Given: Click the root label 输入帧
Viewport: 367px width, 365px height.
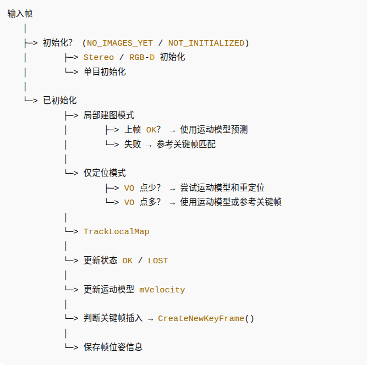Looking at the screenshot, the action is [20, 14].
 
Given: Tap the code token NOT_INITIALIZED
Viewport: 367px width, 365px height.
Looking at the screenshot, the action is [206, 43].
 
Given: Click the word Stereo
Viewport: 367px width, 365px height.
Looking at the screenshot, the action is [98, 57].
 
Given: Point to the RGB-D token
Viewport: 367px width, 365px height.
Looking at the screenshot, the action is [142, 57].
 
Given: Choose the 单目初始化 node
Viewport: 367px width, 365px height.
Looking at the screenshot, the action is [105, 71].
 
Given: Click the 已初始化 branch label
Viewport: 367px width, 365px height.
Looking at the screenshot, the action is [60, 101].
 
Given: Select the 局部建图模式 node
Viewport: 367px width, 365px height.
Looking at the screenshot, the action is [109, 115].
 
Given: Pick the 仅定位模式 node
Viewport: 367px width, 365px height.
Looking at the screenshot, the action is [105, 173].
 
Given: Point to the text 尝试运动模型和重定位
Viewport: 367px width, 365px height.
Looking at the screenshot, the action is [223, 188].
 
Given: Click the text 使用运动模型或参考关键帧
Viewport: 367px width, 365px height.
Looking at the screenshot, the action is [231, 202].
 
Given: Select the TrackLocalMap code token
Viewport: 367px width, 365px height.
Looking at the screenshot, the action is [116, 231].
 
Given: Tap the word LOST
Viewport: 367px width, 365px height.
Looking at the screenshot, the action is [158, 261].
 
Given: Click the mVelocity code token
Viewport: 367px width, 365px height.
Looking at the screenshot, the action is [162, 290].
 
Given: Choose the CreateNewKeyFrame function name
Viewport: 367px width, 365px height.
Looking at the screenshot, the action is [200, 318].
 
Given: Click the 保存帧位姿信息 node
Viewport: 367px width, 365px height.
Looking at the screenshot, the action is [113, 347].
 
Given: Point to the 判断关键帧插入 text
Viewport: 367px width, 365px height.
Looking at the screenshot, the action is [113, 318].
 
